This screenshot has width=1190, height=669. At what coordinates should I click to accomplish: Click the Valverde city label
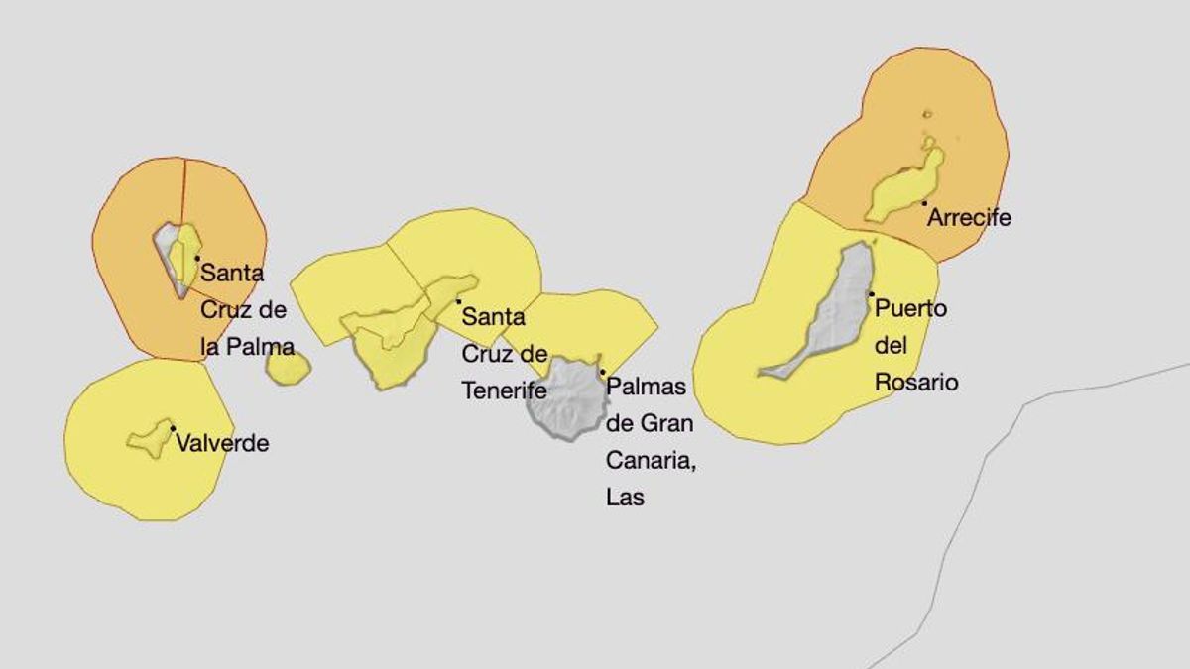click(x=222, y=443)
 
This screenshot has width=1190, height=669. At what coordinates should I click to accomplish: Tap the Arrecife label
click(x=969, y=217)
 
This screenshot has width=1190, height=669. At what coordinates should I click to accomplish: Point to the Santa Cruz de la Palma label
click(x=247, y=309)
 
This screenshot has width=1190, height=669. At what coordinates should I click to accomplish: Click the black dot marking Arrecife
click(x=924, y=203)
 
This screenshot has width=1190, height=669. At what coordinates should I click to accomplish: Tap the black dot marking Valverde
click(x=173, y=428)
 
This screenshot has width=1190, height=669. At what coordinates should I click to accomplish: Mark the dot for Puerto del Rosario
click(x=871, y=293)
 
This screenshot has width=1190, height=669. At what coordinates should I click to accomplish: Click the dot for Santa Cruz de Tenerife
click(x=458, y=301)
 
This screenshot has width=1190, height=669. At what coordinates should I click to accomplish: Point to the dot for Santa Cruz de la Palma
click(x=197, y=258)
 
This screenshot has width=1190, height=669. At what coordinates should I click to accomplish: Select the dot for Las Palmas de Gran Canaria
click(x=602, y=372)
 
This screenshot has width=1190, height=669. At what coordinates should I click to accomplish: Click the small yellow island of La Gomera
click(x=288, y=368)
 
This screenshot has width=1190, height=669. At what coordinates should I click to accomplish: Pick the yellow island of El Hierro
click(x=150, y=437)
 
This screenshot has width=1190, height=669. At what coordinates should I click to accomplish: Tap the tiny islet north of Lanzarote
click(x=927, y=114)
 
